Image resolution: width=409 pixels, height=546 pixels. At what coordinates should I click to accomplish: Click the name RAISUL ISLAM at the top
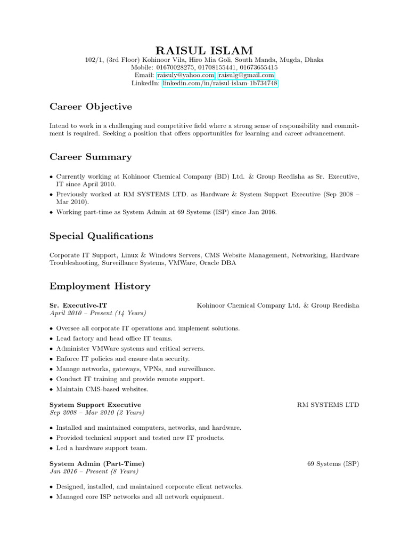pyautogui.click(x=204, y=50)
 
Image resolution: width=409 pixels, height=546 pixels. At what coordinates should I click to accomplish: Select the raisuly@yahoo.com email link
pyautogui.click(x=185, y=76)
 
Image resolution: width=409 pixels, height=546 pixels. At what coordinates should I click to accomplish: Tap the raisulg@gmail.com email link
pyautogui.click(x=246, y=76)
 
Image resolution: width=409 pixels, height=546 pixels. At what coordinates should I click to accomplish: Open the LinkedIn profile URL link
pyautogui.click(x=219, y=84)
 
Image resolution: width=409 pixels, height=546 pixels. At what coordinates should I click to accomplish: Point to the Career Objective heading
pyautogui.click(x=91, y=107)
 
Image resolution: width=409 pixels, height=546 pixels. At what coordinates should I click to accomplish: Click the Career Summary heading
pyautogui.click(x=91, y=157)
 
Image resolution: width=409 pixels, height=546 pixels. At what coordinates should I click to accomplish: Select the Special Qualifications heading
pyautogui.click(x=101, y=236)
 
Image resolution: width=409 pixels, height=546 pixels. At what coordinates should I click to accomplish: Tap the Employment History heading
pyautogui.click(x=100, y=286)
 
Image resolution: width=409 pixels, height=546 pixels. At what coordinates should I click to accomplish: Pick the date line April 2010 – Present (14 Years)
pyautogui.click(x=97, y=313)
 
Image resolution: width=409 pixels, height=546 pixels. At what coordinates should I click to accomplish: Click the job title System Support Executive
pyautogui.click(x=95, y=405)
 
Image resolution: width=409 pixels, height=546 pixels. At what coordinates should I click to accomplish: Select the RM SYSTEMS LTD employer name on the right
pyautogui.click(x=328, y=405)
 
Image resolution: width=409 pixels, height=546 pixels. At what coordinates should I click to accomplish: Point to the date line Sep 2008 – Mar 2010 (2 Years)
pyautogui.click(x=96, y=412)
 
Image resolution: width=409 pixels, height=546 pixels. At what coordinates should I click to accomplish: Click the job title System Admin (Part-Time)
pyautogui.click(x=97, y=464)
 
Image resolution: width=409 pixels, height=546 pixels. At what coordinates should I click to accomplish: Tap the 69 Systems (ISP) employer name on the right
pyautogui.click(x=333, y=464)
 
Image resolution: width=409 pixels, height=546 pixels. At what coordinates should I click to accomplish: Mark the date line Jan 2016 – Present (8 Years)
pyautogui.click(x=94, y=471)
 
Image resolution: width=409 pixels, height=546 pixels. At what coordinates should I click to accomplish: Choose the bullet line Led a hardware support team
pyautogui.click(x=101, y=448)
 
